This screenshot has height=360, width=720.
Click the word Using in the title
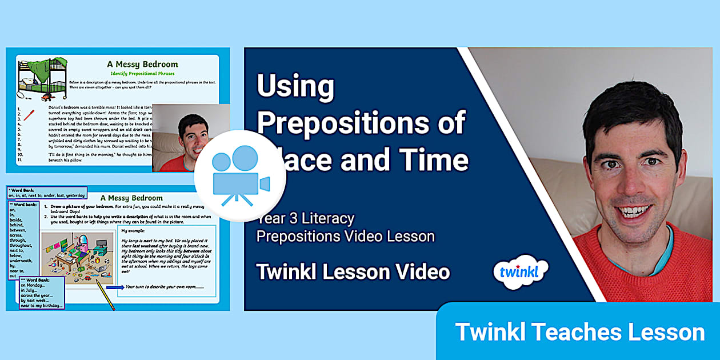(295, 87)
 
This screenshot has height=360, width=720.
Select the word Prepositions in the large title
(361, 123)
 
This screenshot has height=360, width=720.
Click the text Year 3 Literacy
(305, 219)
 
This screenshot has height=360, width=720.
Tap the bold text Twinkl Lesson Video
(353, 272)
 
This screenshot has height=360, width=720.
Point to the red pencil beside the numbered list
(29, 114)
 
